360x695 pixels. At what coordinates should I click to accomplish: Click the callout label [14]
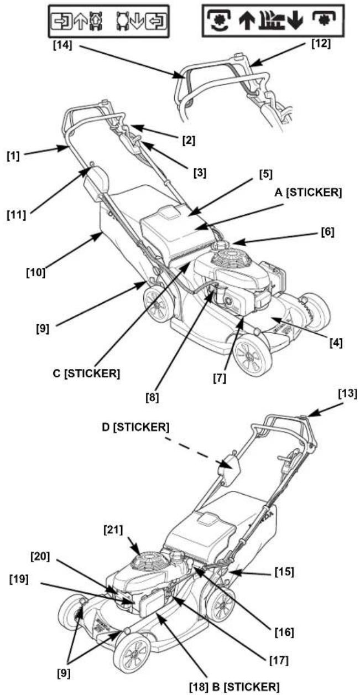tap(62, 45)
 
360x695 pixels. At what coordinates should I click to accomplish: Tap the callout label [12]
tap(321, 43)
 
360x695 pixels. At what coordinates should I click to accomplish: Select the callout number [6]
tap(327, 232)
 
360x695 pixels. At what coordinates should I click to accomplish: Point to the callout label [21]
tap(113, 530)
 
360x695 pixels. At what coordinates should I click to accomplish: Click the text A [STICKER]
tap(308, 193)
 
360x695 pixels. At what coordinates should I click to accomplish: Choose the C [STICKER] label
tap(86, 374)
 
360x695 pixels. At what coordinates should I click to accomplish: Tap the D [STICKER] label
tap(135, 427)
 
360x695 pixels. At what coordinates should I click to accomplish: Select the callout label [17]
tap(279, 661)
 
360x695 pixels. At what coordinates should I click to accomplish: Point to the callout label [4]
tap(336, 343)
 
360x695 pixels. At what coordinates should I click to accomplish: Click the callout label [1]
tap(13, 156)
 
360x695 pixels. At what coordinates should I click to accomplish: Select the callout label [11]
tap(17, 215)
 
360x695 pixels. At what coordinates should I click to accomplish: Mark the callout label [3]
tap(200, 173)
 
